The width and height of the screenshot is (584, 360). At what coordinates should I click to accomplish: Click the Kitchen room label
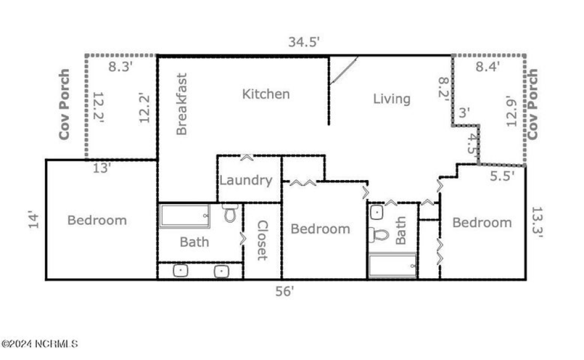point(266,94)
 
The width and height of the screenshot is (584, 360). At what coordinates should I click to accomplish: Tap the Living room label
point(391,99)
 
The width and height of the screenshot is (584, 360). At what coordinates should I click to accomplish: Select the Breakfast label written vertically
point(182,104)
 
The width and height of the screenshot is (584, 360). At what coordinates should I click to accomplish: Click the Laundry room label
point(246,181)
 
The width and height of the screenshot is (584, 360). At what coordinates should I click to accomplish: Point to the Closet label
point(262,240)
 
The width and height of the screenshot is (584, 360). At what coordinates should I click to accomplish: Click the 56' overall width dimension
point(284,291)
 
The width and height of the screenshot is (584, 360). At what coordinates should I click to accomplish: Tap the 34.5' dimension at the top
point(304,42)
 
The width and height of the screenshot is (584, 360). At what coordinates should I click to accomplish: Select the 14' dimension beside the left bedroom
point(34,220)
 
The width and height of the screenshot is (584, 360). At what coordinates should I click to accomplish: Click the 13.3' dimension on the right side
point(537,222)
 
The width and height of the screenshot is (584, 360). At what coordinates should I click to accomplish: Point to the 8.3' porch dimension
point(121,66)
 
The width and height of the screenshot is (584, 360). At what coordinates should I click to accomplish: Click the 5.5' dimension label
point(502,176)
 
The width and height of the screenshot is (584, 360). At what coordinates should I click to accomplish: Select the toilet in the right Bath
point(380,235)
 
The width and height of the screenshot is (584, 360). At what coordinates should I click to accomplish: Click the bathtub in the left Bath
point(185,216)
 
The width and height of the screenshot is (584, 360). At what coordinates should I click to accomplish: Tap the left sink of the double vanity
point(181,271)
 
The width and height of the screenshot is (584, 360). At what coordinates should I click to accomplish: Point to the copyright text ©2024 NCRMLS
point(40,344)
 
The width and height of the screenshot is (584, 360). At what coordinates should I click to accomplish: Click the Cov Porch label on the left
point(64,105)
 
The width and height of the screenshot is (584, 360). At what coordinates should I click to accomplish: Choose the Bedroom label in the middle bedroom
point(320,229)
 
